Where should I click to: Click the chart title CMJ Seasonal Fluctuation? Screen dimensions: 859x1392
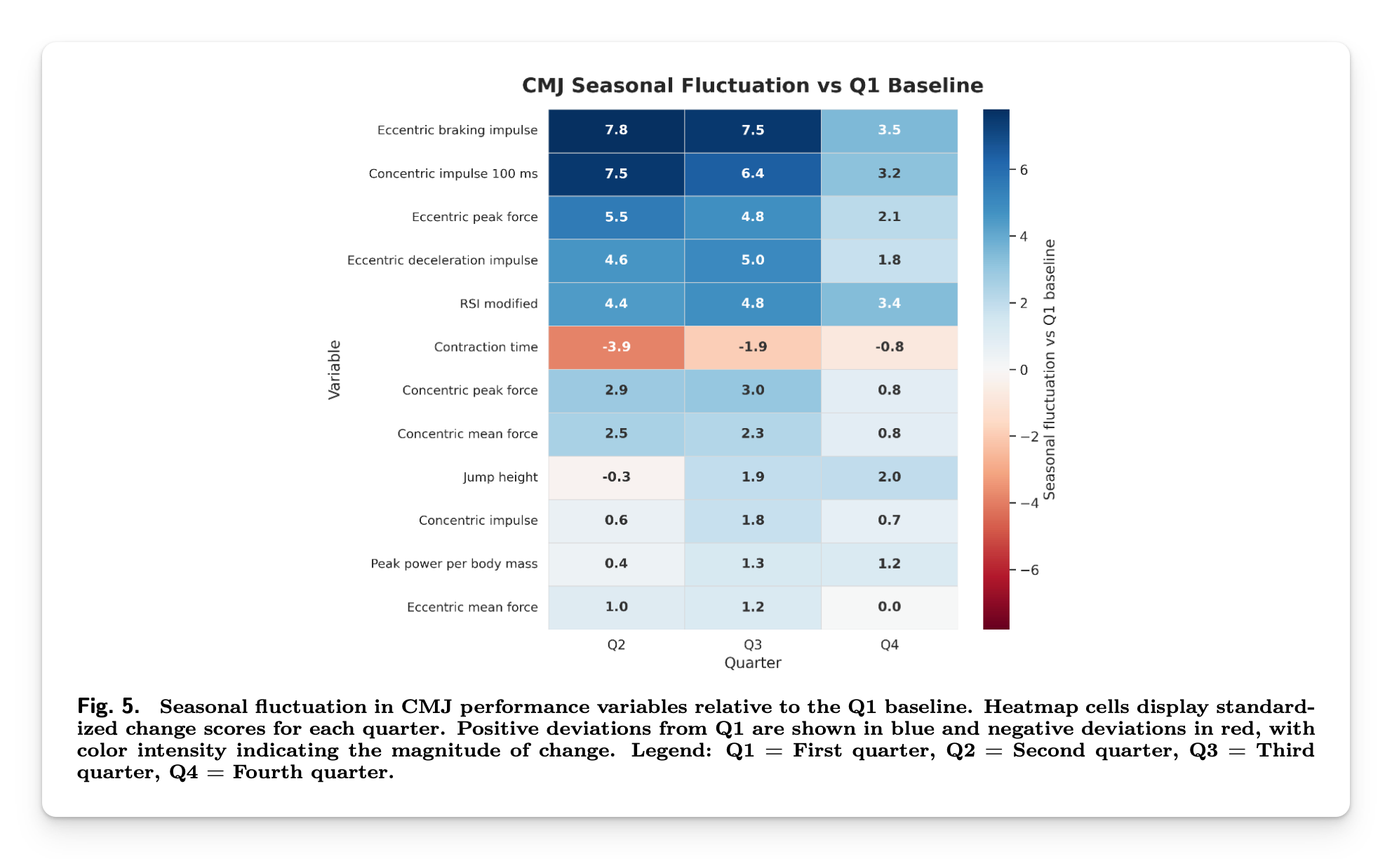[x=752, y=86]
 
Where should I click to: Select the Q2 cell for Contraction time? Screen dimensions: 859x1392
[x=616, y=347]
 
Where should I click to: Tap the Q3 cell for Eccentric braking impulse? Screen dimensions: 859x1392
[x=752, y=131]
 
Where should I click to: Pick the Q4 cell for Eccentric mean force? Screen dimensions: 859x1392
[x=889, y=607]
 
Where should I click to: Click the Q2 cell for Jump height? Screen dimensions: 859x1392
[x=616, y=477]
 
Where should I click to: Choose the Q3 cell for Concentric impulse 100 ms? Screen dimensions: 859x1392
[x=752, y=174]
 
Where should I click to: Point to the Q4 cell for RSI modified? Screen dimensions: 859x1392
[x=889, y=304]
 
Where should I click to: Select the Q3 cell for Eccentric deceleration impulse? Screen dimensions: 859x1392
[x=752, y=260]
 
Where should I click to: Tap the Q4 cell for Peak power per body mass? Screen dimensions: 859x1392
[x=889, y=564]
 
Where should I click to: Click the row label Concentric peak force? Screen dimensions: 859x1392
[x=469, y=390]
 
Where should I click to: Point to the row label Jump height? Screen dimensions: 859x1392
[x=500, y=477]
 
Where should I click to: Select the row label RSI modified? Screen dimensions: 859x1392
[x=498, y=304]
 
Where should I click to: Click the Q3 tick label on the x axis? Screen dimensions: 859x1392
[x=752, y=644]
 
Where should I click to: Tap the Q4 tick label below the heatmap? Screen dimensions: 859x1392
[x=889, y=644]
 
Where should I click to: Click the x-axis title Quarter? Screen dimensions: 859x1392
[x=752, y=662]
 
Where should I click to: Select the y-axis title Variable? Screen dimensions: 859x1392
[x=334, y=370]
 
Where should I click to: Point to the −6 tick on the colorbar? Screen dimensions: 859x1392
[x=1029, y=570]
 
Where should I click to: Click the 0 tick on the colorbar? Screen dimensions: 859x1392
[x=1023, y=370]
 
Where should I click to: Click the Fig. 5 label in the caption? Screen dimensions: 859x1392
[x=107, y=705]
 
